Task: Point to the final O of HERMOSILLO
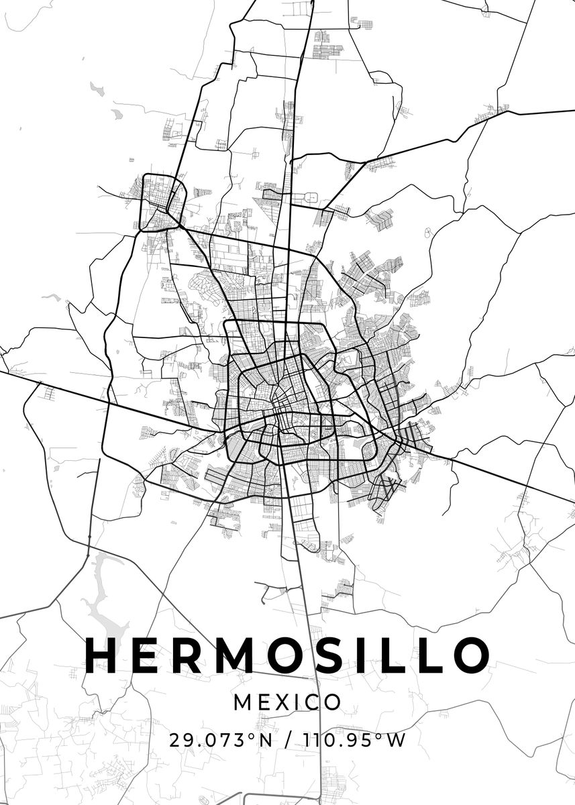pos(468,655)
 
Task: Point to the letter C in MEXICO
pos(313,702)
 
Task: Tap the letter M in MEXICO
pos(242,702)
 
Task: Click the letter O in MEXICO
pos(333,702)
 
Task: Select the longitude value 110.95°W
pos(355,741)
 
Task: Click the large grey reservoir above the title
pos(107,597)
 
